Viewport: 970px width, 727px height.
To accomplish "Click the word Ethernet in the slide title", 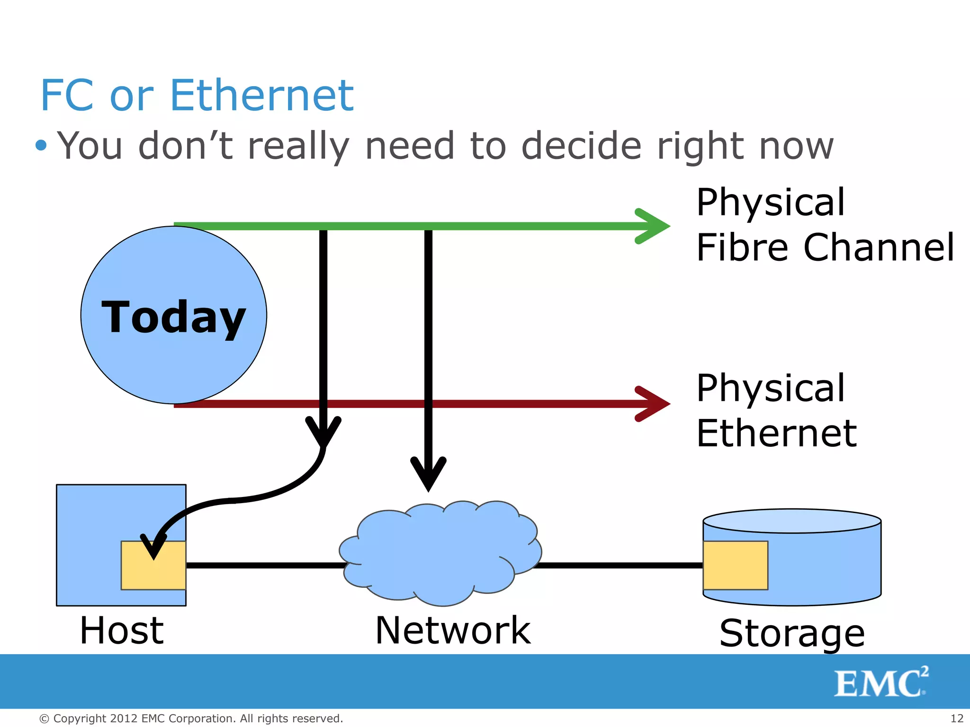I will pyautogui.click(x=261, y=96).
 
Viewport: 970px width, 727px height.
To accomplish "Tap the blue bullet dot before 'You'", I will pyautogui.click(x=41, y=145).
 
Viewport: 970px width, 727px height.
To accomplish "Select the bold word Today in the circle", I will pyautogui.click(x=173, y=317).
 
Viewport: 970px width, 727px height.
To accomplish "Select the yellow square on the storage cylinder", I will pyautogui.click(x=735, y=565).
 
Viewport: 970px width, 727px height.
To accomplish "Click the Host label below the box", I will pyautogui.click(x=122, y=630).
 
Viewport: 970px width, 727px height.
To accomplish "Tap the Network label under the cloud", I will pyautogui.click(x=453, y=630).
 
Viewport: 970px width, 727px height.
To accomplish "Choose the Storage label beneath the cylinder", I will pyautogui.click(x=792, y=633).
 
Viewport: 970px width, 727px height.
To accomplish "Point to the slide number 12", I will pyautogui.click(x=957, y=718).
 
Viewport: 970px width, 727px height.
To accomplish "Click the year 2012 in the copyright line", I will pyautogui.click(x=124, y=718).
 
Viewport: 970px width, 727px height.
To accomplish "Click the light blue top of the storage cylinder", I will pyautogui.click(x=792, y=521).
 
